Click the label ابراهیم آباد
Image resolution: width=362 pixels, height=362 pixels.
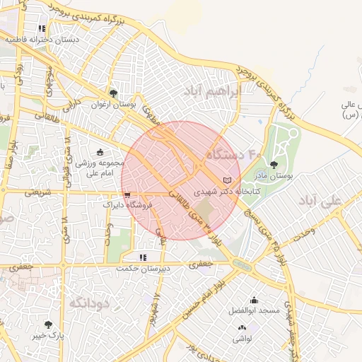coord(212,93)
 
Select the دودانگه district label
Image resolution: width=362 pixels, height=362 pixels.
coord(89,303)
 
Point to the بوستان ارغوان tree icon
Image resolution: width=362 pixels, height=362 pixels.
coord(113,94)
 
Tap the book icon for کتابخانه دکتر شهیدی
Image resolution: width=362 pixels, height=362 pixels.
coord(226,180)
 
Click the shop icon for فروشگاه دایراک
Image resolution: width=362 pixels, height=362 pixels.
coord(127,194)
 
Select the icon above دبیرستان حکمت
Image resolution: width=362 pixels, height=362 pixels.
coord(143,257)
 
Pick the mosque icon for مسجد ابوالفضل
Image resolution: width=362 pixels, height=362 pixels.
coord(254,300)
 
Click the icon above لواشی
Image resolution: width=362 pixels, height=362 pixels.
coord(243,327)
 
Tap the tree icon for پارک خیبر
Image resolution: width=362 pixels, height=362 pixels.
coord(48,325)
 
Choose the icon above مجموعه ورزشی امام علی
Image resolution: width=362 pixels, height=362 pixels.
coord(100,151)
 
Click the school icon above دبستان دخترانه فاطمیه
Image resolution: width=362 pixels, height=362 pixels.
coord(42,29)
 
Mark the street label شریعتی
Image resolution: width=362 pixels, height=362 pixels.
coord(37,192)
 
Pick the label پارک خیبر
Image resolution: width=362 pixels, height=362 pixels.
coord(48,336)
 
